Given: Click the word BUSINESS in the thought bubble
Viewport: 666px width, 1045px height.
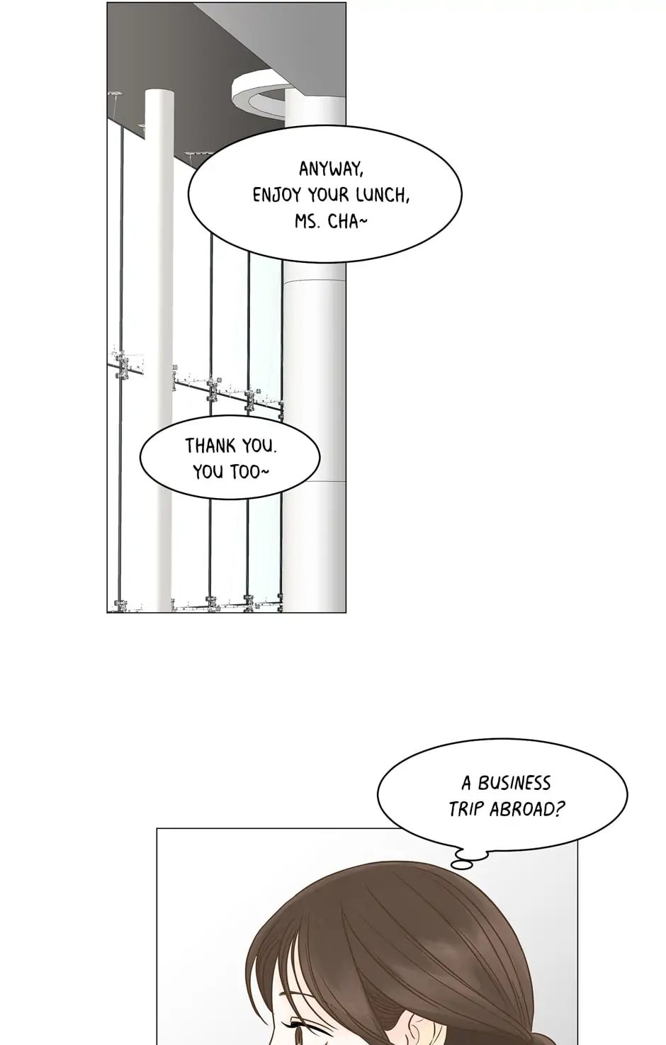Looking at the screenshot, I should (514, 783).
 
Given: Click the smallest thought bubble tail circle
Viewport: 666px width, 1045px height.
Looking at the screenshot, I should (461, 865).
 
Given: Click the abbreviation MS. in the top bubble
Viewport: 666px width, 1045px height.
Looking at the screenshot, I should (307, 222).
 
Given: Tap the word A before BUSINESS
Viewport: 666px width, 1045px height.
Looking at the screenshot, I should (466, 784).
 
